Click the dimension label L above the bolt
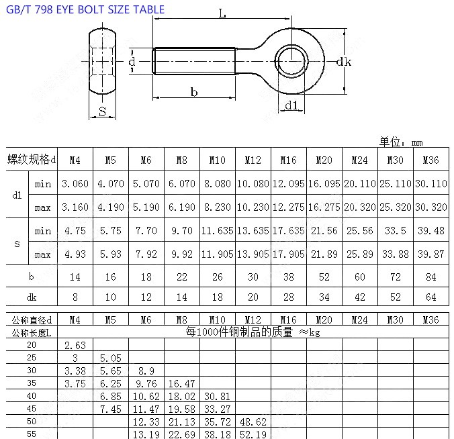[222, 13]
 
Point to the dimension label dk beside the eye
[344, 62]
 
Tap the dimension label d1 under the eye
[291, 105]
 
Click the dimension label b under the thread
[194, 92]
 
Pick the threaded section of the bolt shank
[194, 61]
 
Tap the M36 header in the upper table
[430, 160]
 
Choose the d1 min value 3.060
[75, 183]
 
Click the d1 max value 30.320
[430, 207]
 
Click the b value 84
[430, 277]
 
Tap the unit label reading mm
[417, 142]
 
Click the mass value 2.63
[75, 346]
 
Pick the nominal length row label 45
[32, 407]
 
